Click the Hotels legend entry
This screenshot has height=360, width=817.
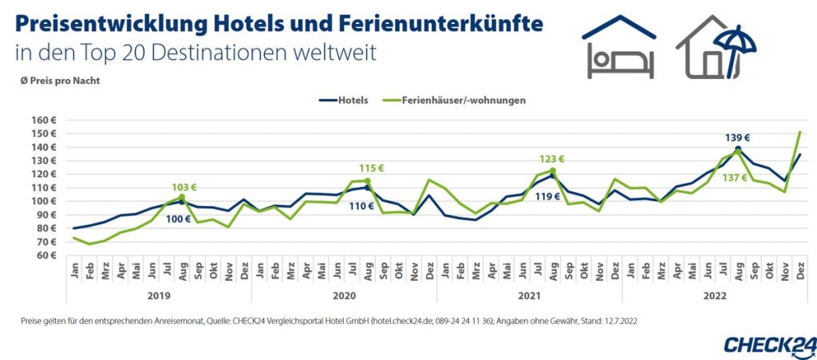coord(352,101)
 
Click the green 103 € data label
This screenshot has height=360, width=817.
coord(183,187)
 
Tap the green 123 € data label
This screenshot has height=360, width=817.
coord(551,159)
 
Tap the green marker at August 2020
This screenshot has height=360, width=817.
coord(367,180)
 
